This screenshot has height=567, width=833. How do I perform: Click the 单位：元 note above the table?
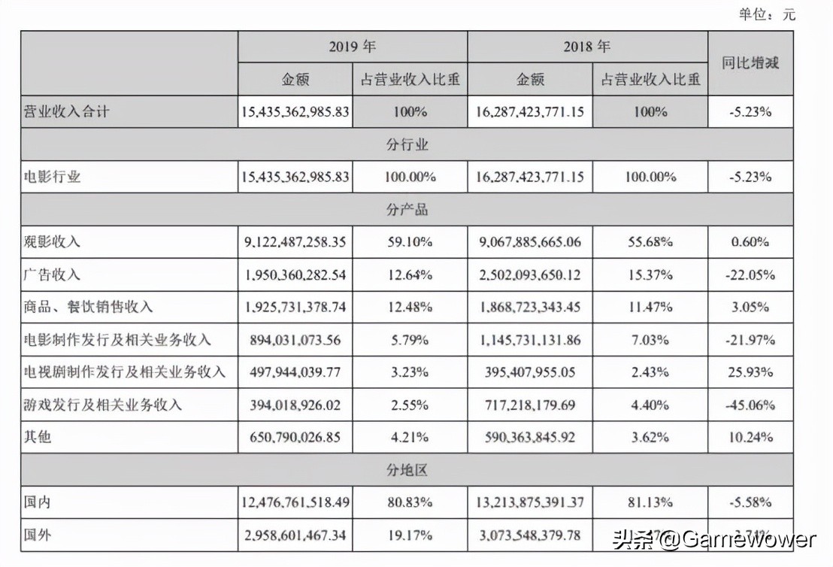767,14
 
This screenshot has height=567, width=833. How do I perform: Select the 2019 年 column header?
352,47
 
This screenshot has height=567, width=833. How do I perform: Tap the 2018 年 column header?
587,47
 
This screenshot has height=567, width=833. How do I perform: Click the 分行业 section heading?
407,144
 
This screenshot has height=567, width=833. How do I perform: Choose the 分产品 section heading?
407,209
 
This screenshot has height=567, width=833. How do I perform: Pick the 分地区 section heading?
407,470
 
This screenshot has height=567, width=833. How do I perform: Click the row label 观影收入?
53,242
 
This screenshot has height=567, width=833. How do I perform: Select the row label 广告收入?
53,274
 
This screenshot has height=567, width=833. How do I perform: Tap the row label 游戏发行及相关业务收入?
103,405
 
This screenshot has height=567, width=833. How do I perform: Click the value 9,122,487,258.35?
295,242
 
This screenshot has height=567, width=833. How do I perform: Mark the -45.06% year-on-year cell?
750,405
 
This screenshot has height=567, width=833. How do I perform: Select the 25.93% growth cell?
750,372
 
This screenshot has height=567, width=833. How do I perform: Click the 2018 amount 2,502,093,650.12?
529,274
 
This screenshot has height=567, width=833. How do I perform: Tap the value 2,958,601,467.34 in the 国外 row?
295,535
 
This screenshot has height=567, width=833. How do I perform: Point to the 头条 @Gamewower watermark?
714,539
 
